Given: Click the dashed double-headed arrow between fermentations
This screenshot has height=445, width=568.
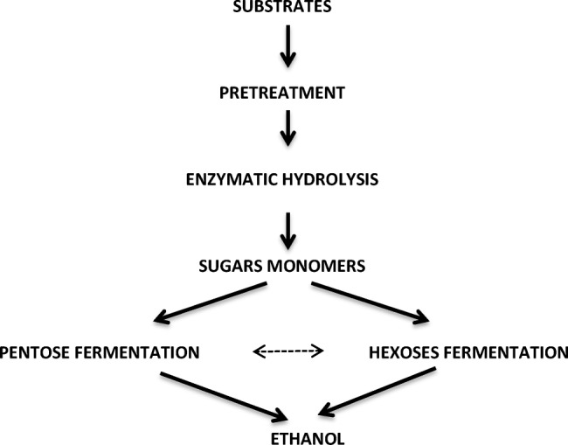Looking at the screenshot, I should click(x=288, y=352).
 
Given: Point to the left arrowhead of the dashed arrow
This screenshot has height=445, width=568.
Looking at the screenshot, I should click(x=257, y=352).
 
